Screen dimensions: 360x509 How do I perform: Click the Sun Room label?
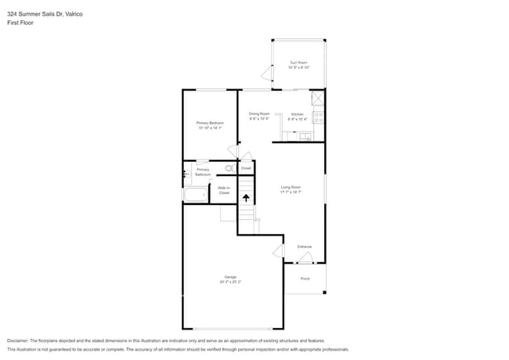[x=298, y=65]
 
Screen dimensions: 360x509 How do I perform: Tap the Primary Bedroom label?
[x=210, y=125]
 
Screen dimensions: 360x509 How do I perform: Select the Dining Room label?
[x=259, y=117]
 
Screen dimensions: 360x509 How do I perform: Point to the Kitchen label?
[x=298, y=117]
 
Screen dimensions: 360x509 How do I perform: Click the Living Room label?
[x=291, y=189]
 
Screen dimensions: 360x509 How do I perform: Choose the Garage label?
[x=230, y=279]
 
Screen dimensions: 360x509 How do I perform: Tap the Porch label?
[x=305, y=279]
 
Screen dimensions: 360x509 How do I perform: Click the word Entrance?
[x=305, y=247]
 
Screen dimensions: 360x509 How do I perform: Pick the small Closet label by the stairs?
[x=246, y=168]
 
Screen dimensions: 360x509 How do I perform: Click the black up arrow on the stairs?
[x=247, y=199]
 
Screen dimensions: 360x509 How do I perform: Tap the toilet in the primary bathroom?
[x=230, y=168]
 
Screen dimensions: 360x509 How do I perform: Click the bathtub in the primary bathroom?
[x=195, y=195]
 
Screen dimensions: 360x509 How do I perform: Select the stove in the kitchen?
[x=319, y=117]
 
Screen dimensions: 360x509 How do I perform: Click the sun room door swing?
[x=266, y=74]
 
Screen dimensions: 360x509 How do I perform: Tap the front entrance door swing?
[x=306, y=257]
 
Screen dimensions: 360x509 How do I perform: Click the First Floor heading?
[x=20, y=23]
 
